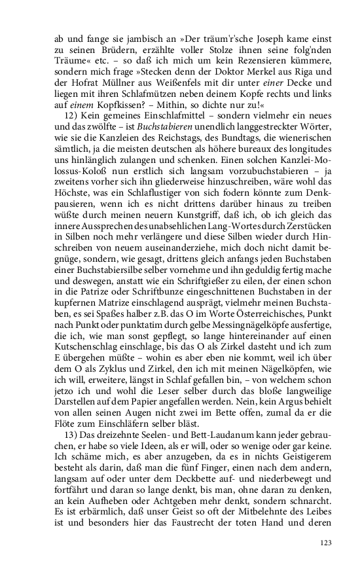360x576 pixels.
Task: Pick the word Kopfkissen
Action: (x=117, y=101)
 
